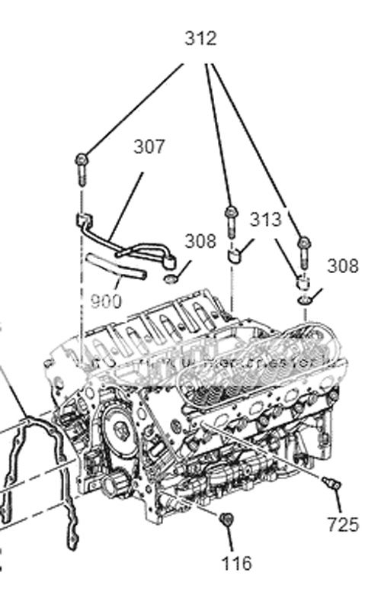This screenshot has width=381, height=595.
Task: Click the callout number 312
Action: click(200, 38)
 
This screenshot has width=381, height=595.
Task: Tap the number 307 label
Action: click(149, 146)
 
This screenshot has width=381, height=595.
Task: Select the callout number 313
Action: click(265, 220)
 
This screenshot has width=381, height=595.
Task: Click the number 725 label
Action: click(341, 525)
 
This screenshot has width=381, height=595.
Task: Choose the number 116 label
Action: click(236, 564)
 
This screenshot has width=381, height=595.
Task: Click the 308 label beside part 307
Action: click(200, 241)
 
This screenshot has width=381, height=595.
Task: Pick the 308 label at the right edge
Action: click(343, 266)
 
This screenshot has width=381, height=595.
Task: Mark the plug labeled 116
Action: click(223, 519)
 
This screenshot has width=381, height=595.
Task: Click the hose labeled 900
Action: click(114, 266)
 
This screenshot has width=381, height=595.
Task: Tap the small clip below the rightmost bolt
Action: click(303, 284)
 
